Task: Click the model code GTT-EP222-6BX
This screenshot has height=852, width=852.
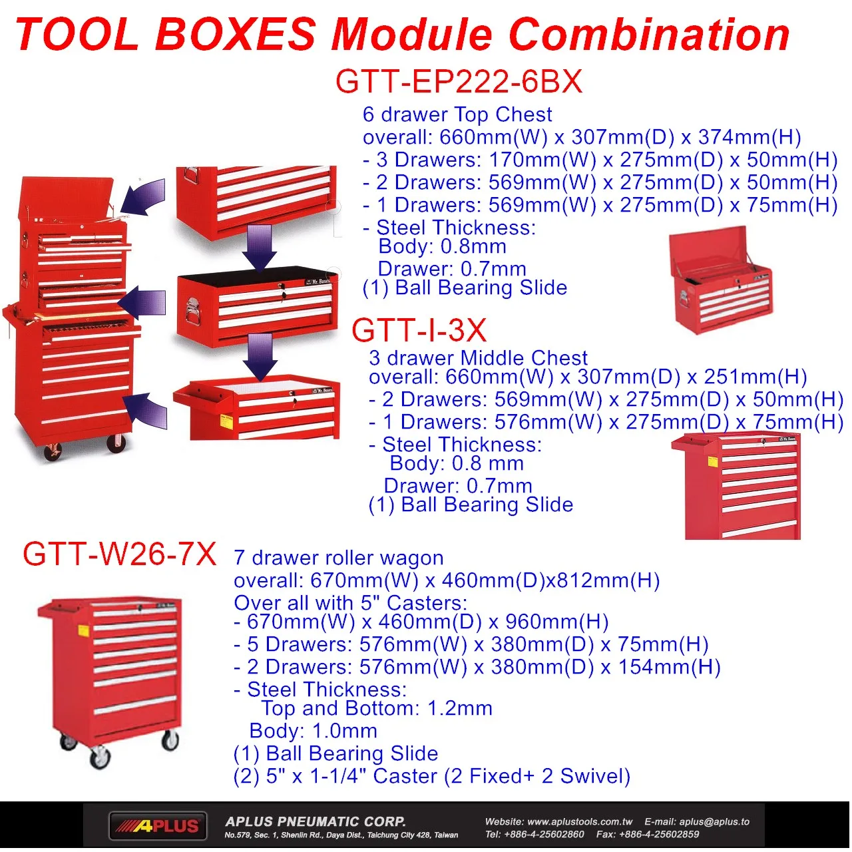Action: tap(459, 82)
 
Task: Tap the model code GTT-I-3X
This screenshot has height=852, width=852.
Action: tap(419, 330)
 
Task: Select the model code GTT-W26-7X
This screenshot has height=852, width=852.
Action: tap(119, 554)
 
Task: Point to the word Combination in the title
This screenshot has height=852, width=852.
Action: tap(649, 34)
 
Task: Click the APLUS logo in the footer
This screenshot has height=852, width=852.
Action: tap(158, 826)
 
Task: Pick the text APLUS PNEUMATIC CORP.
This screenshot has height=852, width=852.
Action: tap(316, 821)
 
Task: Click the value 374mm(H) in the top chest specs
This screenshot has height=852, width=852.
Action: tap(749, 137)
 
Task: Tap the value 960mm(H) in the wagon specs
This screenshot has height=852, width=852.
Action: tap(557, 622)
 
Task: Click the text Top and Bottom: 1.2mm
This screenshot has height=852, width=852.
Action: tap(377, 708)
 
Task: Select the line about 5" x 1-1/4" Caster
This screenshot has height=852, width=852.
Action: tap(431, 776)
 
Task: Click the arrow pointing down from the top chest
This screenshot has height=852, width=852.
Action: tap(259, 248)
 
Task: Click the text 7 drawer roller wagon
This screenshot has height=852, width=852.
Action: tap(338, 558)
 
